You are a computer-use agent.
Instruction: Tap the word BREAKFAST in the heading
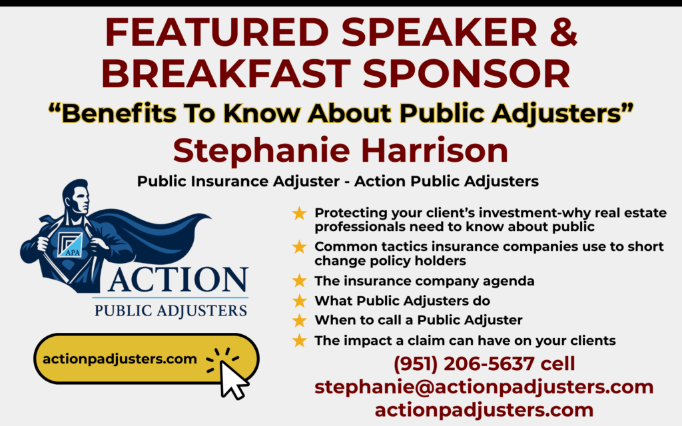point(226,73)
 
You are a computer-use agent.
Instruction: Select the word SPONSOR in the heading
point(466,73)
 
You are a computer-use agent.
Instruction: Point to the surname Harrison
point(434,150)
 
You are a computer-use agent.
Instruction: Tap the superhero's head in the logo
point(77,196)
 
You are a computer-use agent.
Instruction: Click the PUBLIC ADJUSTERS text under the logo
point(170,311)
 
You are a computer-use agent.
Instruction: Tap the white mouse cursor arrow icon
point(233,379)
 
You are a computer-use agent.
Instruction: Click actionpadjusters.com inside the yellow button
point(120,359)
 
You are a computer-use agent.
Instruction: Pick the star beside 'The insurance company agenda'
point(299,280)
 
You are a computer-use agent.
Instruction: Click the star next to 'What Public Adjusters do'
point(299,300)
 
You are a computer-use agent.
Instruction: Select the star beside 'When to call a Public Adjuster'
point(299,320)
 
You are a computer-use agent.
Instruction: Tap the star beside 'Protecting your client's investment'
point(299,213)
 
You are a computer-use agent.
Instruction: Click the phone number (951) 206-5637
point(464,364)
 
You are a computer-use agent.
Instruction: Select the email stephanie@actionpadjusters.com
point(484,387)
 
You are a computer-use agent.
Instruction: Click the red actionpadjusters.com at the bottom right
point(484,409)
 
